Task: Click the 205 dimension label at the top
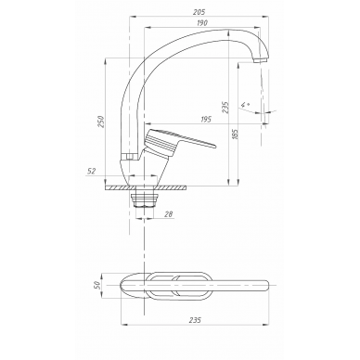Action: pyautogui.click(x=199, y=12)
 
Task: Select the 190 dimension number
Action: pyautogui.click(x=201, y=23)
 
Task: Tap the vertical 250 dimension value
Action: pyautogui.click(x=101, y=122)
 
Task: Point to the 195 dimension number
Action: pyautogui.click(x=205, y=119)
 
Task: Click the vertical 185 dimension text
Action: pyautogui.click(x=235, y=135)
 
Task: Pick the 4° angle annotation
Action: pyautogui.click(x=245, y=104)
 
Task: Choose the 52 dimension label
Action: pyautogui.click(x=91, y=171)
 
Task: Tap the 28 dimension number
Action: pyautogui.click(x=169, y=214)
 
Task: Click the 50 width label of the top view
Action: pyautogui.click(x=96, y=285)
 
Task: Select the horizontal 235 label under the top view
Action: pyautogui.click(x=195, y=320)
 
